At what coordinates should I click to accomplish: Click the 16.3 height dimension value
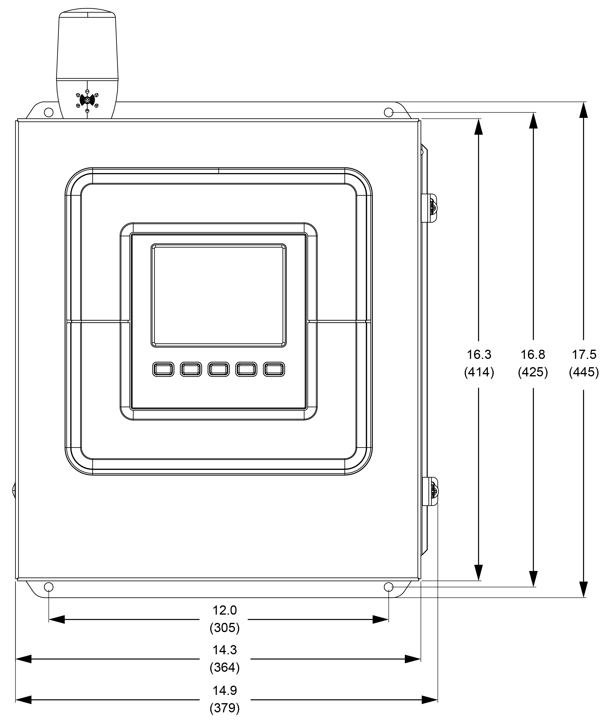(479, 354)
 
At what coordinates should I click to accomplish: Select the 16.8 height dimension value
(533, 354)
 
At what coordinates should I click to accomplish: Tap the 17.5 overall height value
(584, 354)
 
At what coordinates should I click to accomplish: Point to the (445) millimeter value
(584, 372)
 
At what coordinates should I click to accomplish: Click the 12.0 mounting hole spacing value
(225, 610)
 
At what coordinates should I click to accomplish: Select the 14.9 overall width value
(225, 690)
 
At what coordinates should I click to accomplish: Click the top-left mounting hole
(49, 113)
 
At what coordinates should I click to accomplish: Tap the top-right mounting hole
(389, 113)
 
